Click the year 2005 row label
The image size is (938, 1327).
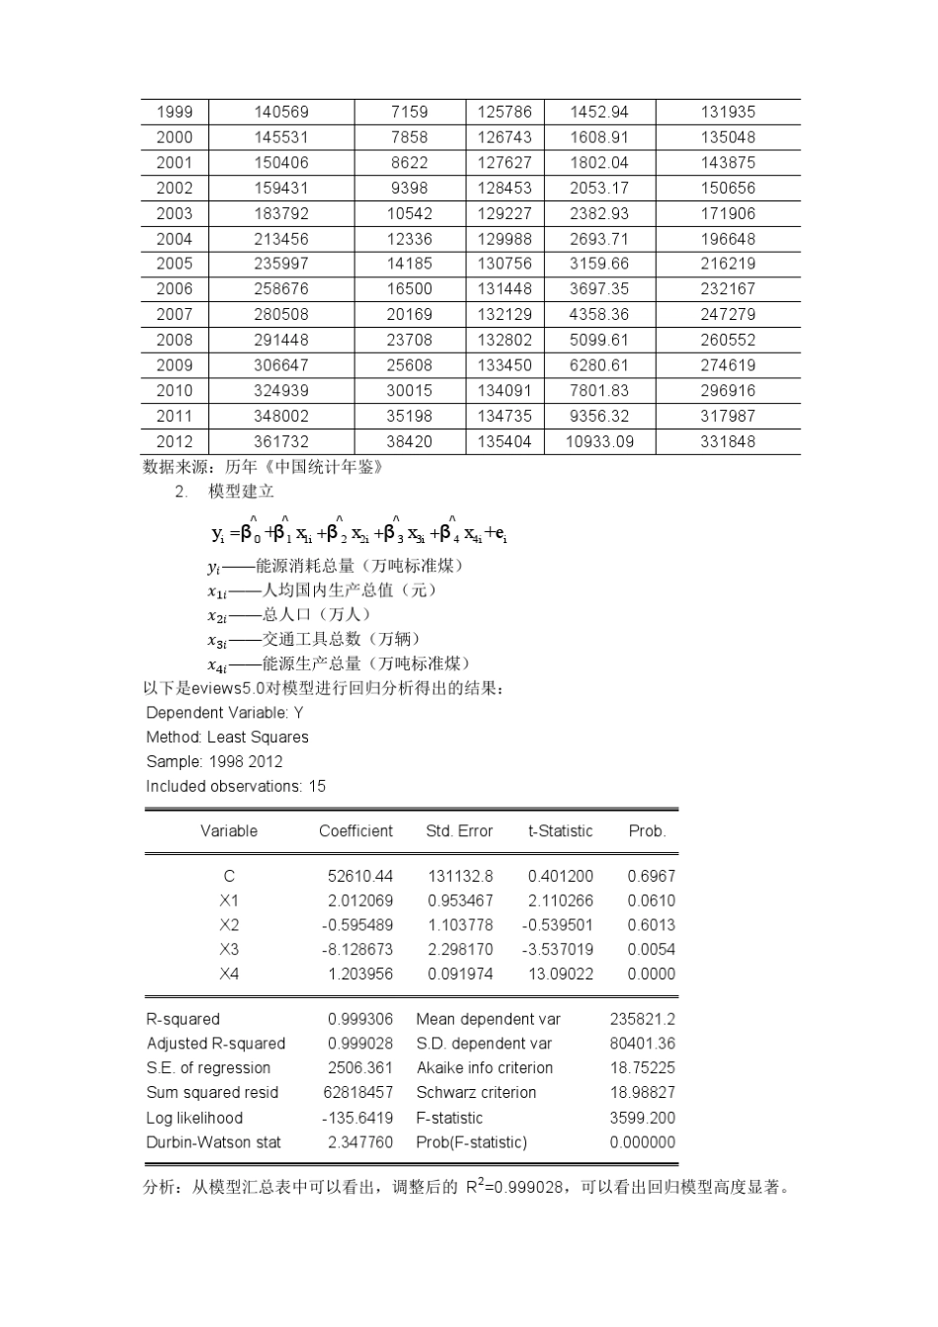(x=174, y=264)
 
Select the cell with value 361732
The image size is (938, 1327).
(x=280, y=441)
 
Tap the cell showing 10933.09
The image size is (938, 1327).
(x=599, y=441)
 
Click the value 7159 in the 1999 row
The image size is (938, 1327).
(x=409, y=112)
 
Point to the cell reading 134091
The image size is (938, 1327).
(x=504, y=390)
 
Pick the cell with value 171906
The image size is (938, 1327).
(x=728, y=213)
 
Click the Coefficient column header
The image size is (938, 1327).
(x=355, y=831)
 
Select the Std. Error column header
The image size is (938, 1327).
(x=459, y=831)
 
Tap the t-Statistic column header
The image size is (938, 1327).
(x=560, y=831)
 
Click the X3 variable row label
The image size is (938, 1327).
(x=229, y=949)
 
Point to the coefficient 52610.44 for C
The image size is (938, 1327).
(x=359, y=876)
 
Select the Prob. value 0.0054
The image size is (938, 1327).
(x=652, y=949)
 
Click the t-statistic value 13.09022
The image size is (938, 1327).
(x=560, y=974)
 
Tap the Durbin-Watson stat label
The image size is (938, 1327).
(x=213, y=1142)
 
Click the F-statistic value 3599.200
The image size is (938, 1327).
(x=643, y=1118)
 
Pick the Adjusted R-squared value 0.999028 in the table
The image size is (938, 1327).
(x=359, y=1044)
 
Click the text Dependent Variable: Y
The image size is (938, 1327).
(x=225, y=713)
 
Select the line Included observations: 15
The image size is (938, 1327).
(x=235, y=787)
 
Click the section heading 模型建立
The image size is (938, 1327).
(x=241, y=492)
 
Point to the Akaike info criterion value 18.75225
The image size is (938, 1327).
(x=643, y=1068)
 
